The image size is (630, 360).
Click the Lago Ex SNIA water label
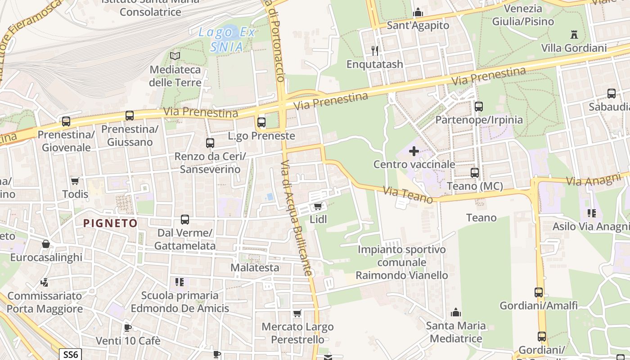click(x=227, y=39)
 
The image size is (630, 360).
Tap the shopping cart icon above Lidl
click(x=318, y=207)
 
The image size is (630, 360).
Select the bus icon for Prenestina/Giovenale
click(x=66, y=121)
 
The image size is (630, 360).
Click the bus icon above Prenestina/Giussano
click(x=130, y=116)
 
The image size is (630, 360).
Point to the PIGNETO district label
click(x=110, y=223)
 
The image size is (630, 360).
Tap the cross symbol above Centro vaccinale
click(x=414, y=151)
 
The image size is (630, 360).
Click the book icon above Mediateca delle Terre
click(x=175, y=56)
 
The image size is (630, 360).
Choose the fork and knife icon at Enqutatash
click(x=374, y=50)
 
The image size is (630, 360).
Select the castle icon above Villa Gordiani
click(x=574, y=34)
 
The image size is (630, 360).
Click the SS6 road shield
click(x=70, y=354)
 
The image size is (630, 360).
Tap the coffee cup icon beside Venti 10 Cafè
click(x=128, y=328)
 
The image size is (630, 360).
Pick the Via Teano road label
click(x=408, y=194)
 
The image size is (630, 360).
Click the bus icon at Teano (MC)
click(x=475, y=173)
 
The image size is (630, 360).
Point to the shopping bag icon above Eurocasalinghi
click(x=46, y=244)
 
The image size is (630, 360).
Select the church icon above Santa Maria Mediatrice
click(x=456, y=312)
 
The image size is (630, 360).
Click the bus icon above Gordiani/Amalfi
click(x=539, y=292)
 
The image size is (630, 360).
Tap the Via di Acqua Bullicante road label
click(x=297, y=218)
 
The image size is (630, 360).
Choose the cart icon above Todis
click(x=75, y=181)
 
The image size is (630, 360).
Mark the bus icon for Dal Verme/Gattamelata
click(x=185, y=220)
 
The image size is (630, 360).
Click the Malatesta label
click(x=255, y=267)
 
